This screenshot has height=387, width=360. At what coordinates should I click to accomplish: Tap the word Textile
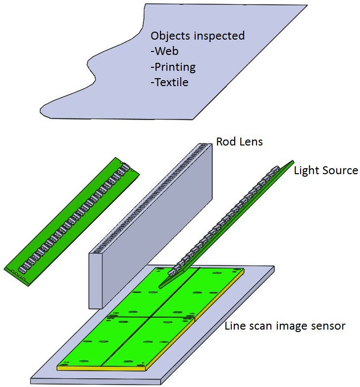[171, 83]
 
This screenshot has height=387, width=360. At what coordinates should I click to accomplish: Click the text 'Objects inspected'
[198, 36]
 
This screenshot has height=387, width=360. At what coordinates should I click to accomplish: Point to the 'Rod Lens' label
[239, 142]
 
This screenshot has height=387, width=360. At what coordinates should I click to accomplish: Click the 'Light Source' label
[325, 171]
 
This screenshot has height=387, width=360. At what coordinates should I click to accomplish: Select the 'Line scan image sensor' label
[285, 326]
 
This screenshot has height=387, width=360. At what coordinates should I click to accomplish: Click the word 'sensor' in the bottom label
[329, 327]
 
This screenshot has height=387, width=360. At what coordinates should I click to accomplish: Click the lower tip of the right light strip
[163, 285]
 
